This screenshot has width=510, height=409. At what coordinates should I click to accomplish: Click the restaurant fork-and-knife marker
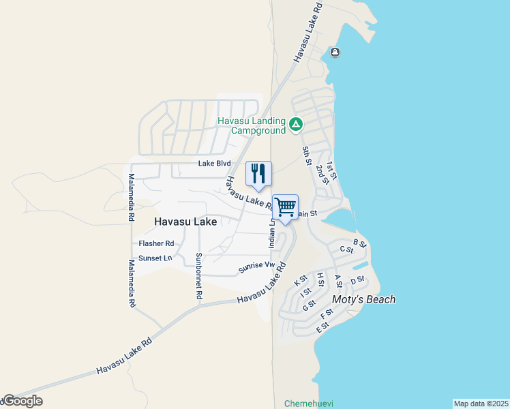click(258, 173)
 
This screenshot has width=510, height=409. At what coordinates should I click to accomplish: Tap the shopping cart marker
click(286, 207)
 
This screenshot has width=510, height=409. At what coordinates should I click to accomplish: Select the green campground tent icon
click(296, 124)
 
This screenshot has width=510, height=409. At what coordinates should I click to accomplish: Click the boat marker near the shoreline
click(335, 52)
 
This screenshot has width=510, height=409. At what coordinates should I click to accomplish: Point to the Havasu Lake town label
click(185, 222)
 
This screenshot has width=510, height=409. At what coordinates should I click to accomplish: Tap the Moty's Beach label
click(363, 299)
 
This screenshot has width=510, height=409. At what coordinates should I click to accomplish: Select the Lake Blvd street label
click(214, 164)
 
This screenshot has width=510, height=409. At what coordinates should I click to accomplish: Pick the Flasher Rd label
click(156, 243)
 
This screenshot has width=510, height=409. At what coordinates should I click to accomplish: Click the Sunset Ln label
click(155, 258)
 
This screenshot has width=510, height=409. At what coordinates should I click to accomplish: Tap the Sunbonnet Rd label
click(198, 276)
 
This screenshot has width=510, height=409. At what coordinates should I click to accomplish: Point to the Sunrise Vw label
click(256, 269)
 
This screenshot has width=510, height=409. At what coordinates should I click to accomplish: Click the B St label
click(360, 243)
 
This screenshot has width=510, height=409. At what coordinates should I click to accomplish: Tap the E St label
click(322, 327)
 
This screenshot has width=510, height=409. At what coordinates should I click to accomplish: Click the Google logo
click(22, 401)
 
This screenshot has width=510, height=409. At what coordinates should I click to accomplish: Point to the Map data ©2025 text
click(481, 404)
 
